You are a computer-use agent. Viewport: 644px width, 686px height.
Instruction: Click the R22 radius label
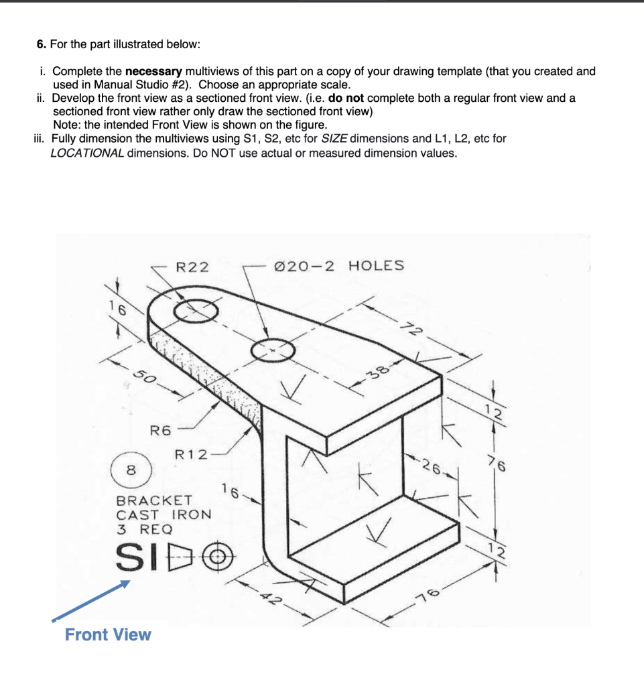[x=192, y=267]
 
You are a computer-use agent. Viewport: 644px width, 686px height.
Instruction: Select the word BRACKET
[x=154, y=500]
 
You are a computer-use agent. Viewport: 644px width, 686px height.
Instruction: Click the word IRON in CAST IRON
[x=192, y=514]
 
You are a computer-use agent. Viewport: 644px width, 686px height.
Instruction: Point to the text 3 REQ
[x=144, y=528]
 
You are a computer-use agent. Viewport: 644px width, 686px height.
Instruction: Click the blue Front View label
[x=108, y=634]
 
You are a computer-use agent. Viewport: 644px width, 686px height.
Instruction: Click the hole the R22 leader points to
[x=196, y=311]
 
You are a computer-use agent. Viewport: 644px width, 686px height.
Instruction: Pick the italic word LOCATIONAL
[x=87, y=153]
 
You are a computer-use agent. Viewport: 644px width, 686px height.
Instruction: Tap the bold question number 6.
[x=41, y=44]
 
